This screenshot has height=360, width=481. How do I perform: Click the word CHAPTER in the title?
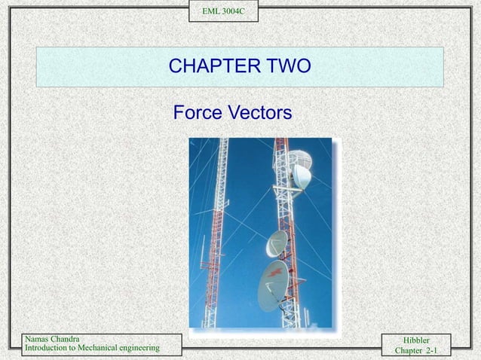[212, 67]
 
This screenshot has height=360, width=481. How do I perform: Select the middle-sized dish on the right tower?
[277, 243]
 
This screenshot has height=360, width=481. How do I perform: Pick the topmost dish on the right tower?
[300, 159]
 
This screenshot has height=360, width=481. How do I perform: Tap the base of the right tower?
[289, 320]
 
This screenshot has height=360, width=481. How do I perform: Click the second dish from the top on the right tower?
[302, 178]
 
